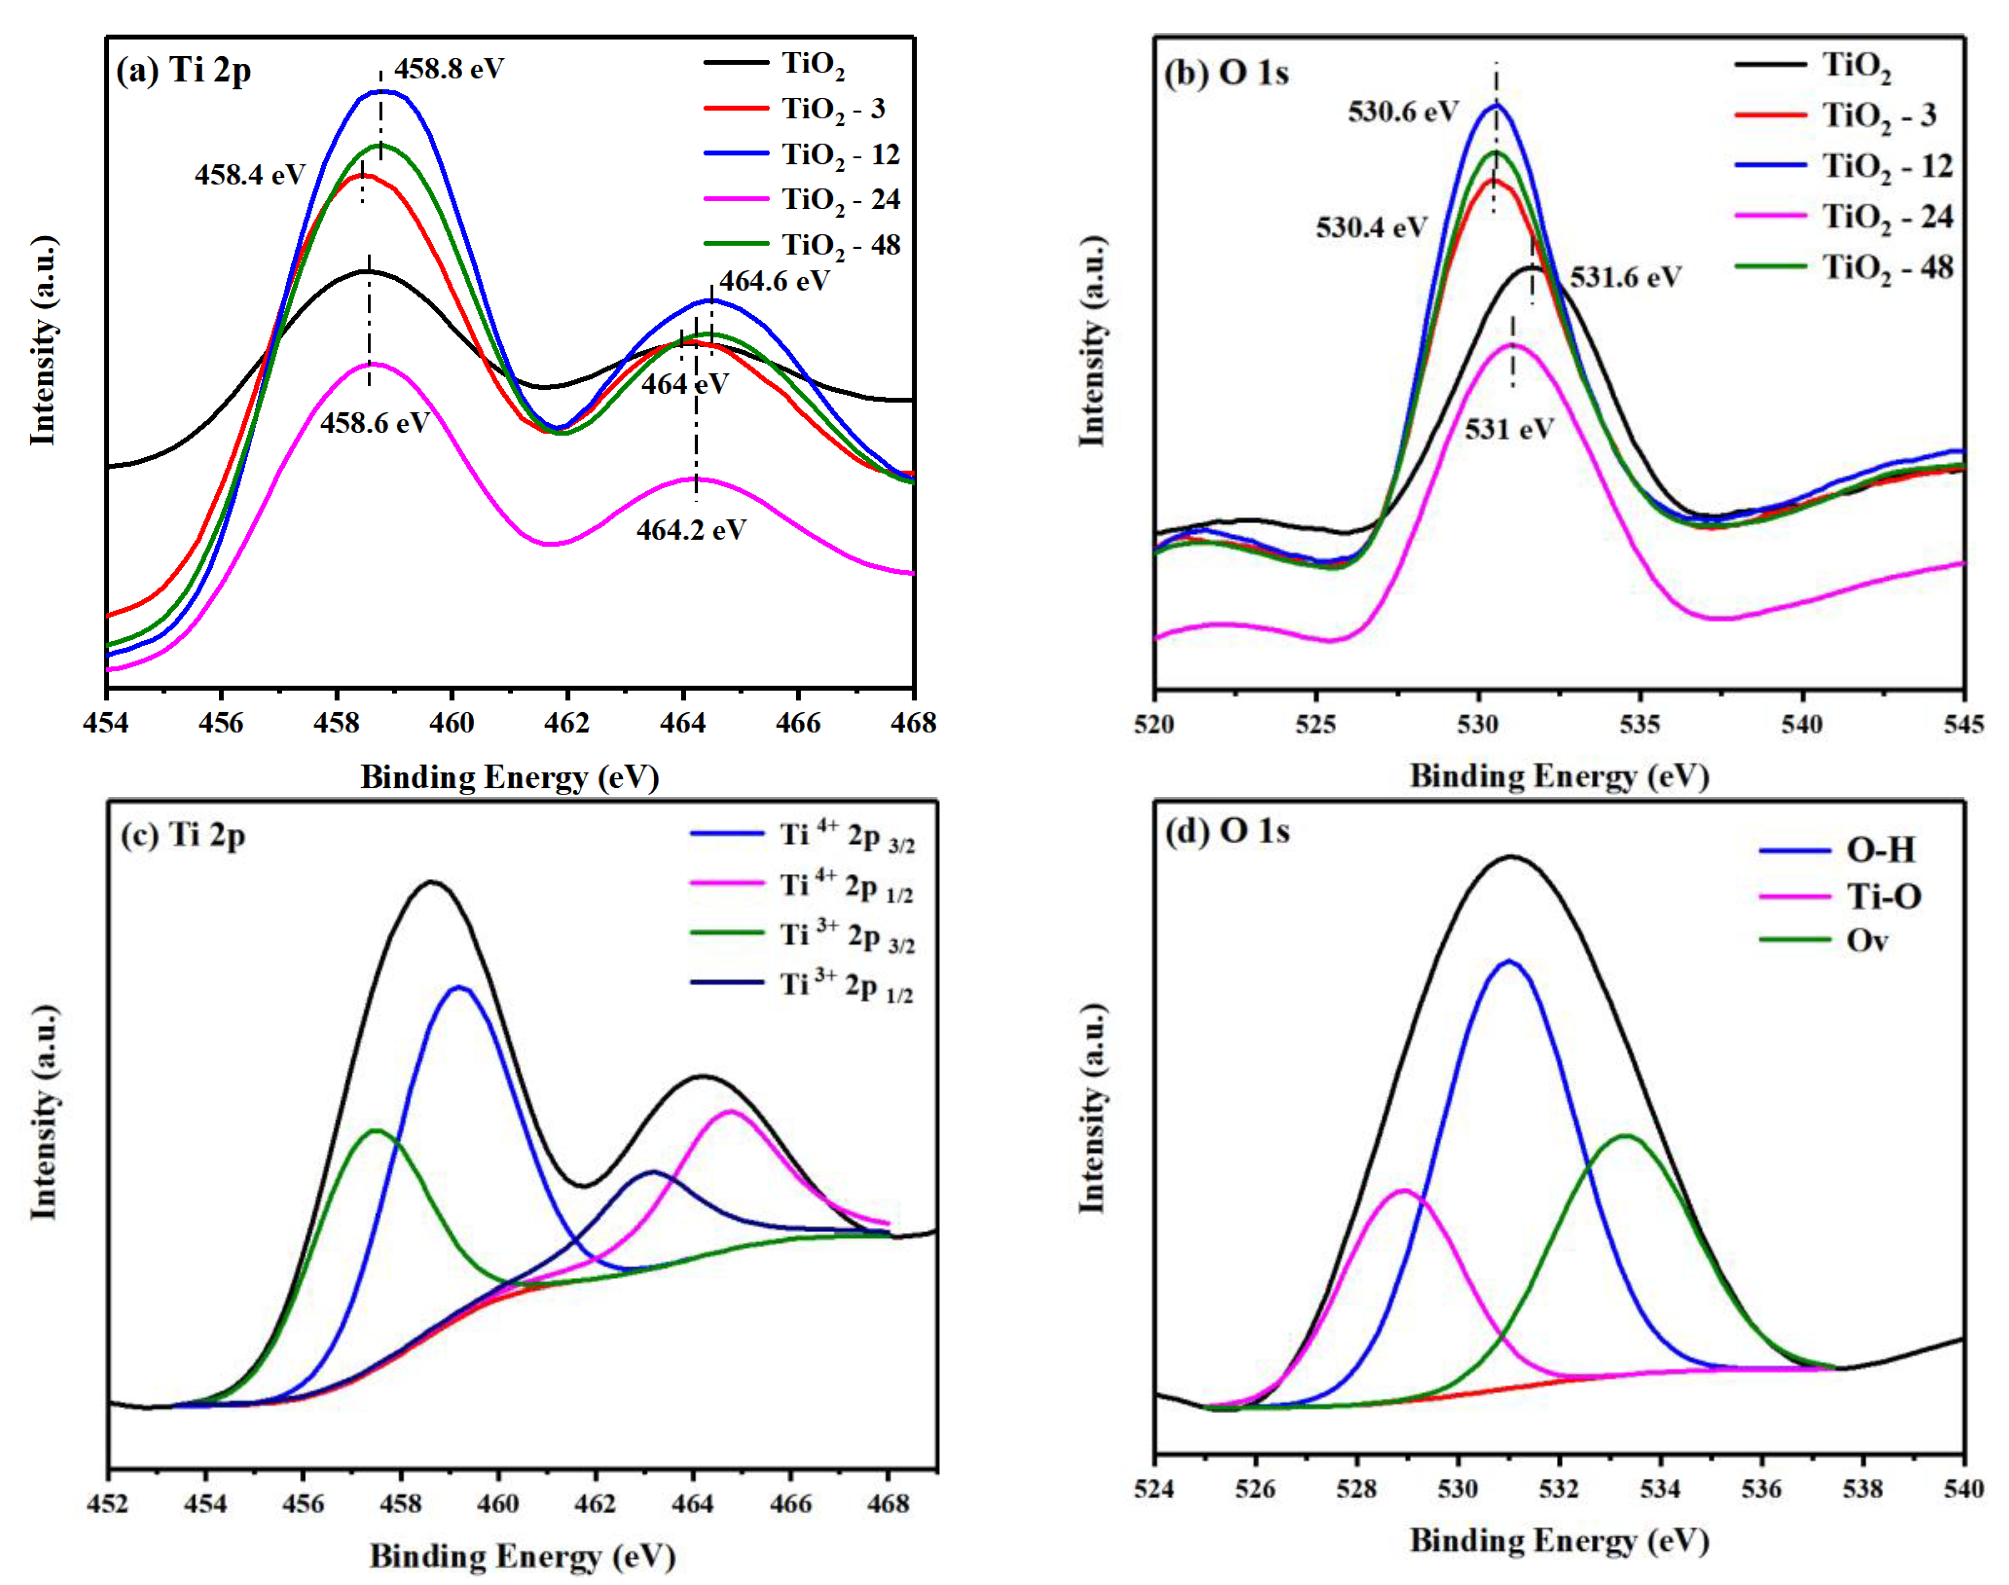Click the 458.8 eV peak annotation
(448, 69)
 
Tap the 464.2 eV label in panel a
(691, 530)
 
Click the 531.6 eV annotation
(1625, 277)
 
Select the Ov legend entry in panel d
(1866, 941)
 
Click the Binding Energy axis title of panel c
(522, 1556)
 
